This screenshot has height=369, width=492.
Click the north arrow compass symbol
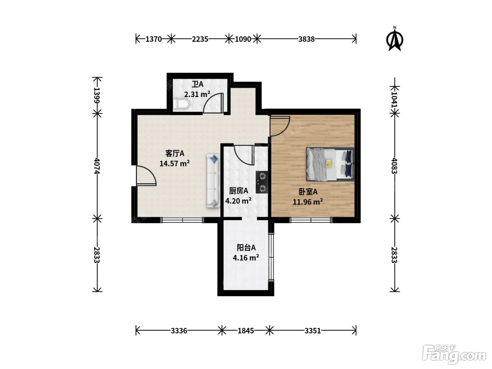pos(395,39)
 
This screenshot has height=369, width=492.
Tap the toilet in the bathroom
pos(181,104)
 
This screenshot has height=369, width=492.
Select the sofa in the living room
pos(213,181)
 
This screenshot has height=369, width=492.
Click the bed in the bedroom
pos(330,164)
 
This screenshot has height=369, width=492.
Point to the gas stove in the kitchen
pos(262,182)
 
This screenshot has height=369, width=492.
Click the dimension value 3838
pos(306,39)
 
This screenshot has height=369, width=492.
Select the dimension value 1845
pos(246,330)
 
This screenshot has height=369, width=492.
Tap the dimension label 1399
pos(97,96)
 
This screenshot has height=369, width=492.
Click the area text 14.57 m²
pos(174,163)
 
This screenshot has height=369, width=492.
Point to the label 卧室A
pos(308,192)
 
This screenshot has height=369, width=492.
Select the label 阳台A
pos(246,247)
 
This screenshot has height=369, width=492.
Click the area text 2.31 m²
pos(197,94)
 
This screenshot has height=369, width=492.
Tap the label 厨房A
pos(239,191)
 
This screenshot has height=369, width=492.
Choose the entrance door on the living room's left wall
pos(146,176)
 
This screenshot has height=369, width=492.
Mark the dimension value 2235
pos(200,39)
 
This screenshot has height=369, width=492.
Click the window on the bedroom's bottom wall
pos(311,220)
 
